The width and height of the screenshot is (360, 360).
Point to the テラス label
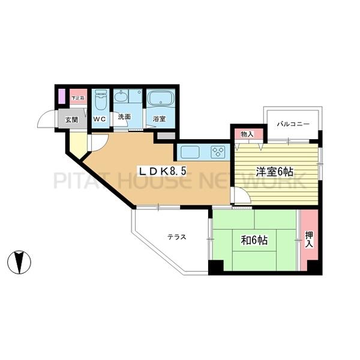point(176,236)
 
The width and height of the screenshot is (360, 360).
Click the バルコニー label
point(293,125)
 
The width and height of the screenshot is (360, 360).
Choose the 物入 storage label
point(247,134)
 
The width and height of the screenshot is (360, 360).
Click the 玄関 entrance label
point(71,120)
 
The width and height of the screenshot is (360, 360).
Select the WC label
point(99,119)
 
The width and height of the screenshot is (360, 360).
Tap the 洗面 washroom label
point(124,118)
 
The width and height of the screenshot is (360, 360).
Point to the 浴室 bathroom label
point(158,119)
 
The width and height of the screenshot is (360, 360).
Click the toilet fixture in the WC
point(100,100)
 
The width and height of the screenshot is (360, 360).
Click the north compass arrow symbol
point(19,262)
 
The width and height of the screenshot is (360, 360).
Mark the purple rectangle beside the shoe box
point(61,97)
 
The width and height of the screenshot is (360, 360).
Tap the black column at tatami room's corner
point(215,267)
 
